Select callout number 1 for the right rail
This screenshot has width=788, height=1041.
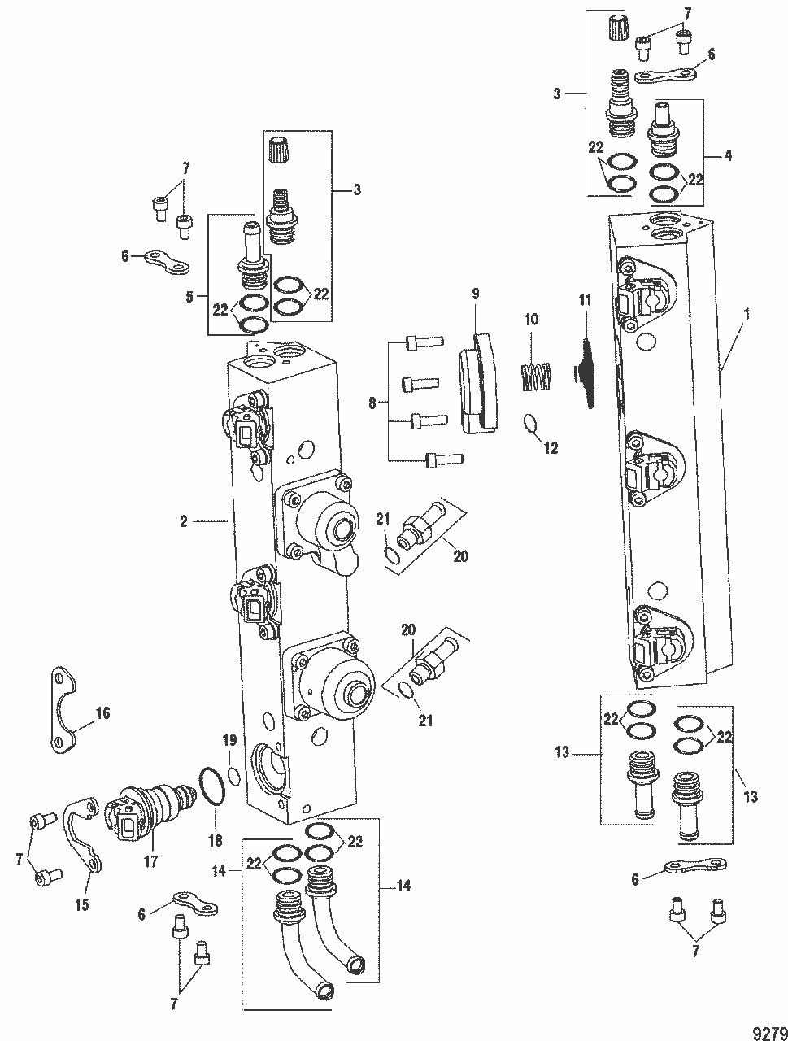[x=747, y=312]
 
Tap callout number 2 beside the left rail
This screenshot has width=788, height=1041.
[x=184, y=521]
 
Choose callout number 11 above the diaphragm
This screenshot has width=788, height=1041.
[x=583, y=300]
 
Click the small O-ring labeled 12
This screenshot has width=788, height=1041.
[x=528, y=424]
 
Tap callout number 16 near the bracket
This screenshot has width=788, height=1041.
[x=102, y=713]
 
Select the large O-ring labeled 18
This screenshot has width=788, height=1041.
[x=211, y=789]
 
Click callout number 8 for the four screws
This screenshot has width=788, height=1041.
[x=373, y=402]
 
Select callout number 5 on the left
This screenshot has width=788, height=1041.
[x=189, y=297]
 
